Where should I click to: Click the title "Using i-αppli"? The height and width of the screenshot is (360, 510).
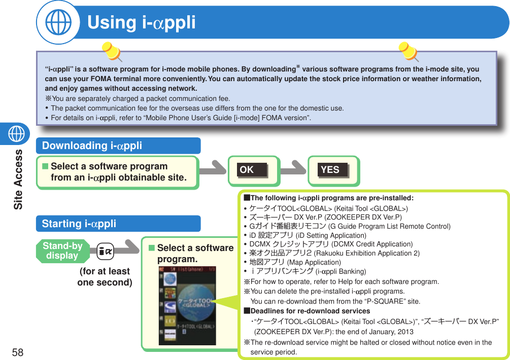point(142,23)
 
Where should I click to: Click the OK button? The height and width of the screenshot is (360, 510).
point(253,170)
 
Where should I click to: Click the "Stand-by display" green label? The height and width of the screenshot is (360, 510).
point(62,251)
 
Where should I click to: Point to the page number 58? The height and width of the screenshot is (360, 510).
point(18,352)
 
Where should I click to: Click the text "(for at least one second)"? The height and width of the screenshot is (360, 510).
point(105,277)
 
